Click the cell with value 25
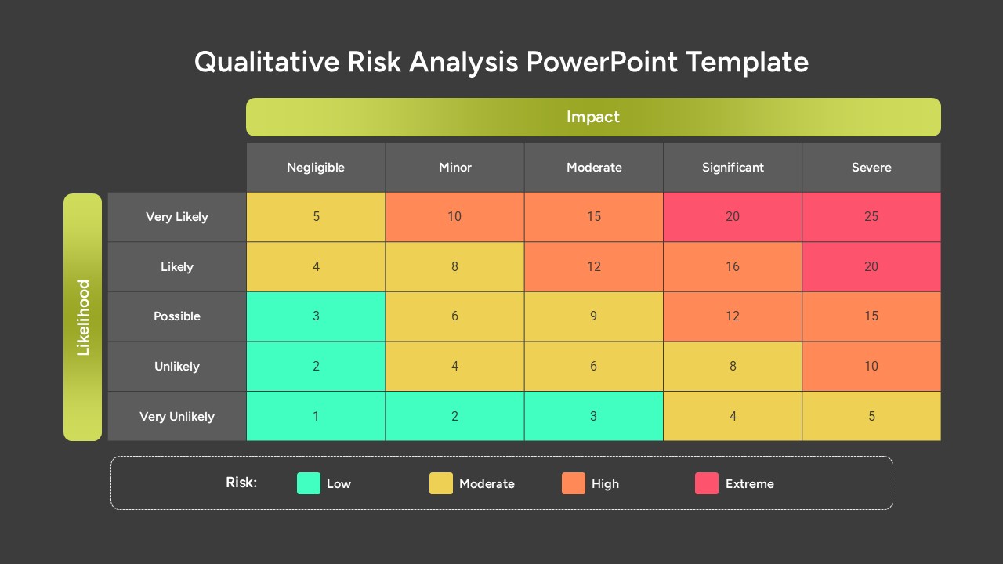[871, 217]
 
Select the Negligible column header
[316, 168]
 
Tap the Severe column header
[871, 168]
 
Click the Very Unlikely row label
[177, 416]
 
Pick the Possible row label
[177, 316]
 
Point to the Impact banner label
[593, 117]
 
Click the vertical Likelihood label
[83, 317]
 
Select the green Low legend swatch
[309, 483]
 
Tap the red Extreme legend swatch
[707, 483]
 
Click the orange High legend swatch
[574, 483]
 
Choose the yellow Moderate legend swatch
[441, 483]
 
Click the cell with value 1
[316, 416]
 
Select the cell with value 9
[594, 316]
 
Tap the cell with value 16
[733, 267]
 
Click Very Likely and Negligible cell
[316, 217]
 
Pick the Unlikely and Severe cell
[871, 366]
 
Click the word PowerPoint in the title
[602, 61]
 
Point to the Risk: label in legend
[241, 483]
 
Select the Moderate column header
[594, 168]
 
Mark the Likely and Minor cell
[454, 267]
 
